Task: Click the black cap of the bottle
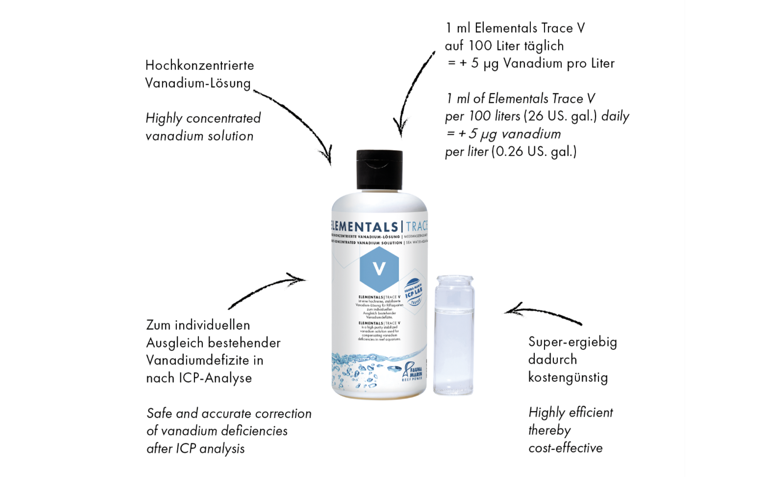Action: point(379,170)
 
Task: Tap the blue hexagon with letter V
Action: point(379,269)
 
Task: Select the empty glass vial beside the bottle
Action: point(454,335)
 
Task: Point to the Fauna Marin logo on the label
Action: point(412,372)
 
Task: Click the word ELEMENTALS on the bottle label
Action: point(364,227)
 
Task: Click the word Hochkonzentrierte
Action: point(200,65)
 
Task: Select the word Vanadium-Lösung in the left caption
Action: point(198,83)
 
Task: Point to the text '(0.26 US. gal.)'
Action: point(534,152)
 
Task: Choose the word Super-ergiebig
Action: point(572,342)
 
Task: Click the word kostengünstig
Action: point(568,377)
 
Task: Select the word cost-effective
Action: point(565,448)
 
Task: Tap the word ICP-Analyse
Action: point(215,378)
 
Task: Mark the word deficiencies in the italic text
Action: point(254,431)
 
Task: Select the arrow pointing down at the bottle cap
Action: point(412,94)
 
